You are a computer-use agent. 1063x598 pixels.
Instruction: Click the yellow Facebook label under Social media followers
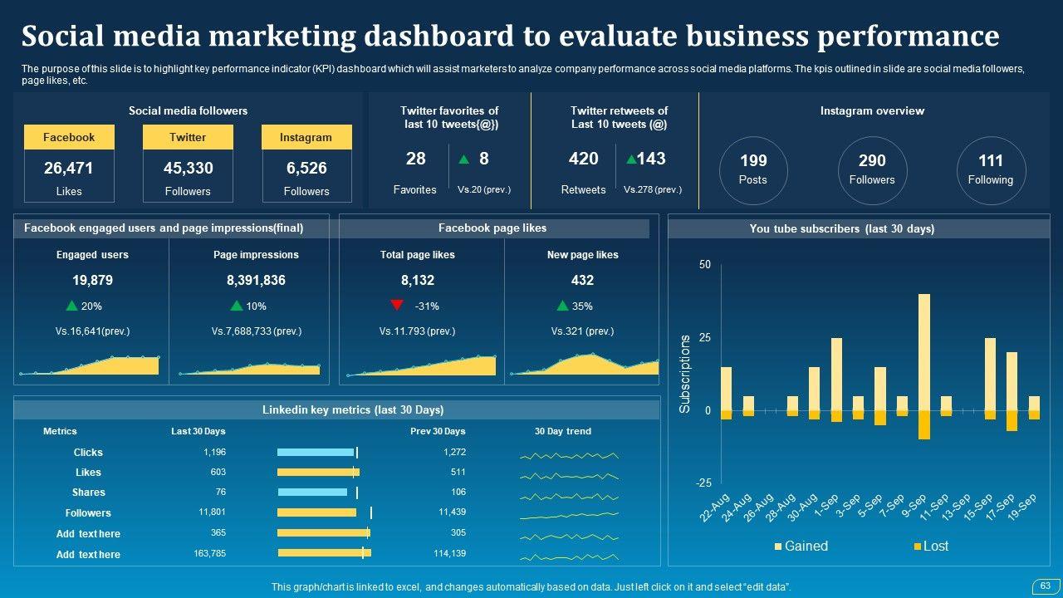[x=69, y=137]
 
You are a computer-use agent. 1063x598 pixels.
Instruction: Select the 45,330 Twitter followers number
[x=188, y=168]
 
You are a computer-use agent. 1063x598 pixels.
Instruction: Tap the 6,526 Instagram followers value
[x=306, y=168]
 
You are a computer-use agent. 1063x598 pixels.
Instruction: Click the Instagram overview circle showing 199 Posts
[x=752, y=169]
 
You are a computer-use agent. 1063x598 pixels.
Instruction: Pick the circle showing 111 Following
[x=990, y=169]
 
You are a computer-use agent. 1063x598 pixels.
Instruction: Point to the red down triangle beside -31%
[x=397, y=305]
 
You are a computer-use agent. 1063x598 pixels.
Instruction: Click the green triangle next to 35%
[x=563, y=306]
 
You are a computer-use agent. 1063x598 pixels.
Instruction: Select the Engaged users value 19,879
[x=92, y=281]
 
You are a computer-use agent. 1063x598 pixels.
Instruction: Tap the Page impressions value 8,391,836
[x=256, y=281]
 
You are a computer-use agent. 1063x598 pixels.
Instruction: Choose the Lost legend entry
[x=930, y=546]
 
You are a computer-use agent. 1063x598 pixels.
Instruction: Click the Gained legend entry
[x=801, y=546]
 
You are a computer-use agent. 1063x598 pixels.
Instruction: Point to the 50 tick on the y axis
[x=705, y=264]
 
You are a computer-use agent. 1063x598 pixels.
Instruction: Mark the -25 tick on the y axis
[x=703, y=483]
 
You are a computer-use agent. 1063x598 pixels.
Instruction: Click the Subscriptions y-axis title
[x=685, y=374]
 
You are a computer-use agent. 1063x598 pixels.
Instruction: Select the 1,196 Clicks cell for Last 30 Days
[x=214, y=452]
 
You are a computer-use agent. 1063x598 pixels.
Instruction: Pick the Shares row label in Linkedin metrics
[x=88, y=493]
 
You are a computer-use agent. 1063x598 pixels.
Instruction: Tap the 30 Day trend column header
[x=563, y=431]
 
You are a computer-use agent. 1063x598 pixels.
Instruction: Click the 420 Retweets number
[x=583, y=159]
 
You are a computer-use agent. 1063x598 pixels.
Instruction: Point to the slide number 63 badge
[x=1045, y=586]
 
